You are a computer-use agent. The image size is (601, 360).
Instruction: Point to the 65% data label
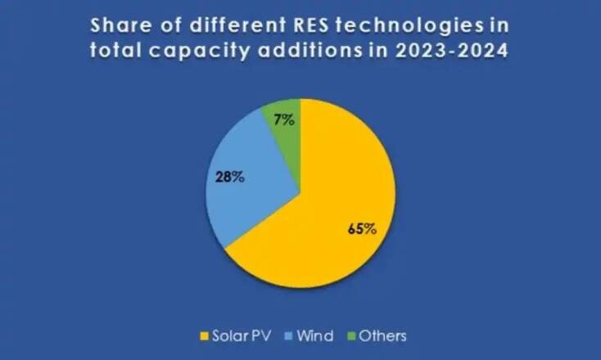pos(361,228)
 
